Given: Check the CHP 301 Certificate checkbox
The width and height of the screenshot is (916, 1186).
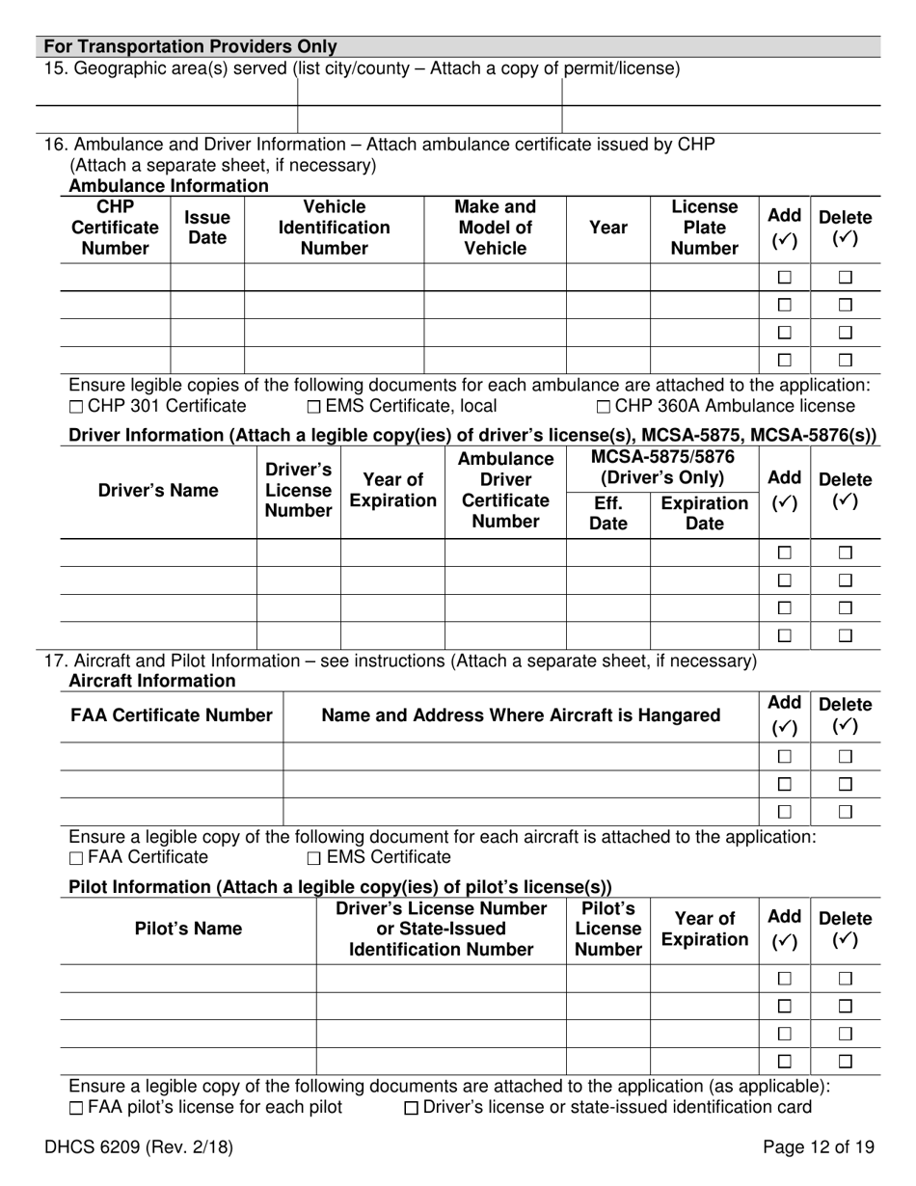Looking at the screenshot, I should pyautogui.click(x=77, y=407).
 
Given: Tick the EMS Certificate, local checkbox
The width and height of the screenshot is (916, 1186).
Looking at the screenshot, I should pyautogui.click(x=314, y=407).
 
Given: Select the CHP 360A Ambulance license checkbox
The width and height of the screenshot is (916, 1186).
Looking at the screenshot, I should pyautogui.click(x=603, y=407).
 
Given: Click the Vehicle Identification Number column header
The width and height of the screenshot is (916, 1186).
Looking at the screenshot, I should pyautogui.click(x=334, y=228).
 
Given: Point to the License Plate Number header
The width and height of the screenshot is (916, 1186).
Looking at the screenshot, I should pyautogui.click(x=704, y=228).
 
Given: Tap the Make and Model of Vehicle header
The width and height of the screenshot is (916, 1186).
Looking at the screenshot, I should pyautogui.click(x=495, y=228).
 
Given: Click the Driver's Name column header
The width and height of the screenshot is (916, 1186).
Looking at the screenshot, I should pyautogui.click(x=158, y=490).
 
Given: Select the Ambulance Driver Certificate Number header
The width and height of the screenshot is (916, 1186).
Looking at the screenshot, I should pyautogui.click(x=505, y=490).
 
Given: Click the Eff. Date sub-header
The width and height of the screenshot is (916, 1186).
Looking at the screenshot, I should pyautogui.click(x=607, y=513).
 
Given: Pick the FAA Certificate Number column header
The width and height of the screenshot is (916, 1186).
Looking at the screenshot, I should pyautogui.click(x=172, y=715).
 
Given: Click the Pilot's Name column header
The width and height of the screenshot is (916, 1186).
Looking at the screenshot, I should pyautogui.click(x=188, y=929).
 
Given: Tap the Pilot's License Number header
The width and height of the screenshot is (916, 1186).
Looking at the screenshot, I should pyautogui.click(x=607, y=929).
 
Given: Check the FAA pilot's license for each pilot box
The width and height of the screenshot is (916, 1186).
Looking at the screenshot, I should pyautogui.click(x=77, y=1108).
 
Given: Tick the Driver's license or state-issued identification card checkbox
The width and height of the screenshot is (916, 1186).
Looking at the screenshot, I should pyautogui.click(x=412, y=1108).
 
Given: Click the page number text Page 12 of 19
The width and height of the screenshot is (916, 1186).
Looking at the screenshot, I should pyautogui.click(x=818, y=1147).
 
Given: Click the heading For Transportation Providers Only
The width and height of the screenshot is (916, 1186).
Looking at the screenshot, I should pyautogui.click(x=191, y=46).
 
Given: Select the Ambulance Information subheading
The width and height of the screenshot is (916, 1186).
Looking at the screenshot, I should pyautogui.click(x=169, y=186).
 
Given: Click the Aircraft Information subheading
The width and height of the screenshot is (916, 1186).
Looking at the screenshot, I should pyautogui.click(x=152, y=681).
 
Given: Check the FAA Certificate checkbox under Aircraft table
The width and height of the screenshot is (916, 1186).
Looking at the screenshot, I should pyautogui.click(x=77, y=858).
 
